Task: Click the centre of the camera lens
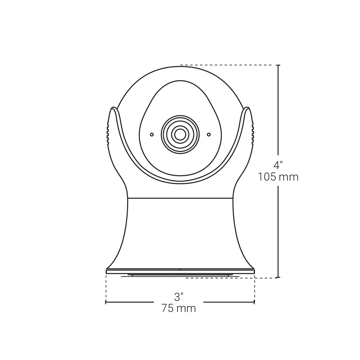(180, 135)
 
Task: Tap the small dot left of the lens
(152, 134)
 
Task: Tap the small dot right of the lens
(208, 134)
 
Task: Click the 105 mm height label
(278, 177)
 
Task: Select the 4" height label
(278, 165)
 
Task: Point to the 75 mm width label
(178, 308)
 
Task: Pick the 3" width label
(178, 297)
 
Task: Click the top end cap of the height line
(278, 65)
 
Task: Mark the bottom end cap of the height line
(278, 277)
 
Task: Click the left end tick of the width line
(106, 302)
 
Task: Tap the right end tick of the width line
(254, 302)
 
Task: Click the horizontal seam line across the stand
(180, 198)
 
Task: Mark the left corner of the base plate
(107, 271)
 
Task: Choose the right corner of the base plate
(254, 271)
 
